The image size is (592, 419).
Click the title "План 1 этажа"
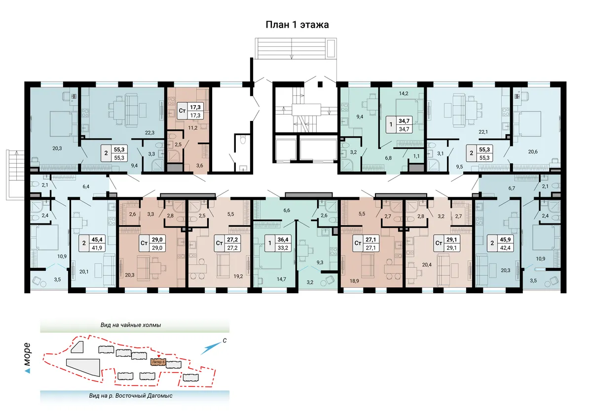(297, 25)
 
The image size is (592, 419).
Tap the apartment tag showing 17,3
(190, 111)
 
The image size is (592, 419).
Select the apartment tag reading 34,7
(399, 125)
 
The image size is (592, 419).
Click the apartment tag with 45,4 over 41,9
(92, 243)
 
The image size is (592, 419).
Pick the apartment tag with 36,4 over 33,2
(278, 243)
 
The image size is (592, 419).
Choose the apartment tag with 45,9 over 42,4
(500, 243)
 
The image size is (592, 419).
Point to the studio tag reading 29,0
(152, 243)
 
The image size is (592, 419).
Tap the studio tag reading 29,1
(447, 243)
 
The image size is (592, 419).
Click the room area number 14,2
(404, 93)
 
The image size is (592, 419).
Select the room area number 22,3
(149, 133)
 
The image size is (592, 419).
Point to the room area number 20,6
(533, 152)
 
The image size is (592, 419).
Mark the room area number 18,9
(354, 281)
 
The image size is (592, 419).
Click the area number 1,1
(416, 156)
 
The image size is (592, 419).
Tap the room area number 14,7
(281, 279)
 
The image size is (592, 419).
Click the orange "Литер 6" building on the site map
(158, 362)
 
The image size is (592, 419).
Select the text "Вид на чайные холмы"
(131, 325)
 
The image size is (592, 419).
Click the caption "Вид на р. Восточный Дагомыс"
(131, 396)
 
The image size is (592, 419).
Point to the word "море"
(27, 354)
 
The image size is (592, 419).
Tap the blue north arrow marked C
(211, 348)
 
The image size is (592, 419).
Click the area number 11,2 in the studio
(193, 128)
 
